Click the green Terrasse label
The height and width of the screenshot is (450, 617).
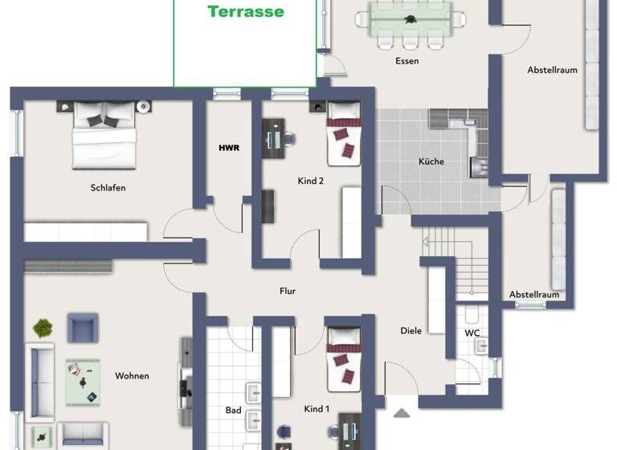pos(246,11)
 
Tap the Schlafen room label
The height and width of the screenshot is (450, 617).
pos(108,188)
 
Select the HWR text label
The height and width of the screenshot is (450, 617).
pos(229,148)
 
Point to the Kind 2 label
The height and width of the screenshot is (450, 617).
pos(310,181)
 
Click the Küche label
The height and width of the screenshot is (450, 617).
pos(431,162)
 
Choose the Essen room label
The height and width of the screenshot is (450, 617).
pos(407,61)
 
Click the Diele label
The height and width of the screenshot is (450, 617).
pos(411,330)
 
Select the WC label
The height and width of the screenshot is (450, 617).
pos(472,333)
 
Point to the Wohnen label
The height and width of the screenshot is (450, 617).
pos(132,375)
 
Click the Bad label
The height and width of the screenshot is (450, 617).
pos(233,410)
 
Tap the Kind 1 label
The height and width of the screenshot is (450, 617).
pos(317,409)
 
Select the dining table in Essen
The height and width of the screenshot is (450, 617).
pos(411,18)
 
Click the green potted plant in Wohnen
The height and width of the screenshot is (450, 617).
pos(43,327)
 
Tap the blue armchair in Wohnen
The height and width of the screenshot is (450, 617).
pos(83,327)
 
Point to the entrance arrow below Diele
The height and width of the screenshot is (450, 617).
pos(401,413)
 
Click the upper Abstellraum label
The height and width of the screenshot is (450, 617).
pos(552,70)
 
